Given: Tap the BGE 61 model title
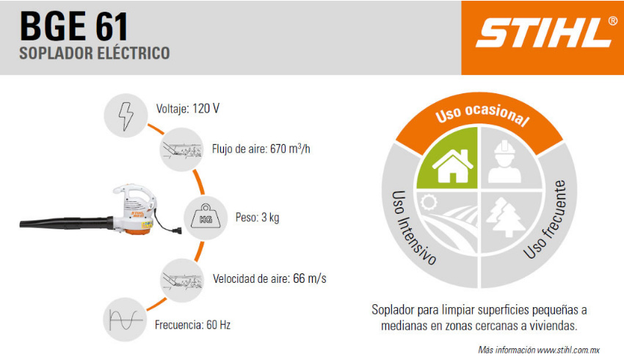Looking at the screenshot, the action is coord(74,26).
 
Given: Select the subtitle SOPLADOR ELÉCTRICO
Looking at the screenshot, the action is coord(95,54).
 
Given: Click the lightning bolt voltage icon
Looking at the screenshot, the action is coord(126,116).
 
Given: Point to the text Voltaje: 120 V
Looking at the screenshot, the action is coord(187,109).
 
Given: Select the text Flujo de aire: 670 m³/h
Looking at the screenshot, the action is coord(261,149).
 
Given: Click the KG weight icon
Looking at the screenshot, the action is coord(206,217).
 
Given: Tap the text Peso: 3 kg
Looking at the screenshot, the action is coord(258,217).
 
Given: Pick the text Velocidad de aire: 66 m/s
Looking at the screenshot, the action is coord(269,278).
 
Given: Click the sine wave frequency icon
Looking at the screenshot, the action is coord(126,320).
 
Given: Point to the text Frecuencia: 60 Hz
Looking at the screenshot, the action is coord(192,325).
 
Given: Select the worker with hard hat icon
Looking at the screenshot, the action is coord(504,162).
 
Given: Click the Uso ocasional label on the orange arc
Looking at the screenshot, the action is coord(482,115).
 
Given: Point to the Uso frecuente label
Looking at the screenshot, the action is coord(545,220).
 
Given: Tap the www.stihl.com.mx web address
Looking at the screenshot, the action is coord(568,350).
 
